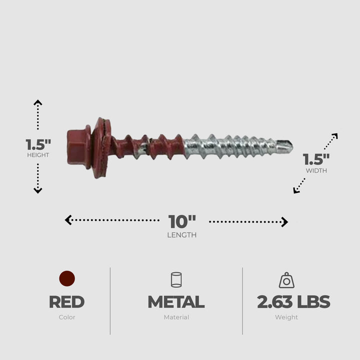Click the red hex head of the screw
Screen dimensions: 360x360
77,146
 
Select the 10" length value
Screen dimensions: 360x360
182,221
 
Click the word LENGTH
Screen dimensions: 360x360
182,235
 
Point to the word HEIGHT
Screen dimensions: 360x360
38,155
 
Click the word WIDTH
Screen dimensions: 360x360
316,170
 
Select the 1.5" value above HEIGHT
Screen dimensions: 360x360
38,144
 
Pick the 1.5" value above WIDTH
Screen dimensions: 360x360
316,159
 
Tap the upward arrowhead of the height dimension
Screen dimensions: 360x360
38,102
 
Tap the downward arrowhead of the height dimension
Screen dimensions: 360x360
38,190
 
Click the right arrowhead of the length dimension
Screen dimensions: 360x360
285,222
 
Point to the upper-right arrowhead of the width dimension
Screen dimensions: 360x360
335,135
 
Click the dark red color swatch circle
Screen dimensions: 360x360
66,278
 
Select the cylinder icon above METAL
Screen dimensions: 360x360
176,279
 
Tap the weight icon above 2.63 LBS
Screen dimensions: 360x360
286,280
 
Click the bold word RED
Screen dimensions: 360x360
66,302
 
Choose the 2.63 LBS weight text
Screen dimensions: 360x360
293,302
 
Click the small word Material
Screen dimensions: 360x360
176,317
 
